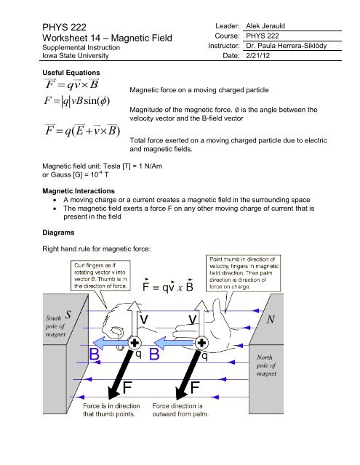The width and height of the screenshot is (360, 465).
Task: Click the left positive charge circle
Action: [x=135, y=343]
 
